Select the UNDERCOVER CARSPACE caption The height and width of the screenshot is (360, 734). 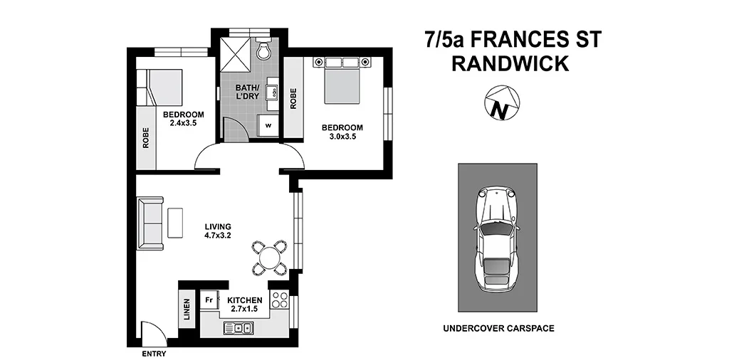click(x=498, y=329)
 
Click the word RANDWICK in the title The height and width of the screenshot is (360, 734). click(x=510, y=64)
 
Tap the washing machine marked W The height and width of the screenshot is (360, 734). click(x=269, y=125)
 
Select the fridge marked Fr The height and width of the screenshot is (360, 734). click(x=209, y=300)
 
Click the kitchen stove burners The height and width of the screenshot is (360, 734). click(x=280, y=301)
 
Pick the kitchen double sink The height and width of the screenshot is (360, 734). click(x=237, y=327)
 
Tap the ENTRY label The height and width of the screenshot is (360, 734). click(x=154, y=354)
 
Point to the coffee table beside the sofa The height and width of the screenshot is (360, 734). click(x=175, y=222)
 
